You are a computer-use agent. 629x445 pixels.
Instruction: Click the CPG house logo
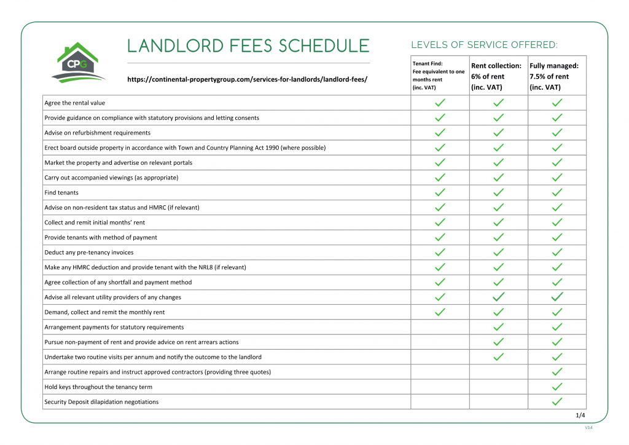(x=79, y=63)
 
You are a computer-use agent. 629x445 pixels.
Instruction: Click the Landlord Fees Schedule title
(x=248, y=46)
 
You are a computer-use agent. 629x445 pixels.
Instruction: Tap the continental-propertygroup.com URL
(x=247, y=80)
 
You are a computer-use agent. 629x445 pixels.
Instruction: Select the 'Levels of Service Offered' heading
(x=484, y=45)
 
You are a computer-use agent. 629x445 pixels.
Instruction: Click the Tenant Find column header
(x=439, y=76)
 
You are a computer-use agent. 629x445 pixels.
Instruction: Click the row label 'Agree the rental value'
(x=75, y=103)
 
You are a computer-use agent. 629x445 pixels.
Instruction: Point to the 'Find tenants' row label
(x=61, y=192)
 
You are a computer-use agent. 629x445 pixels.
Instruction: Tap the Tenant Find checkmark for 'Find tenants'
(x=440, y=192)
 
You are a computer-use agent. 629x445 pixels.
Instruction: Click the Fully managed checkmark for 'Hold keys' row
(x=557, y=387)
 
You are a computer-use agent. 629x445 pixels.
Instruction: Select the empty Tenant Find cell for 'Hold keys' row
(x=440, y=387)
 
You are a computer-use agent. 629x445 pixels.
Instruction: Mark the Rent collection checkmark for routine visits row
(x=499, y=357)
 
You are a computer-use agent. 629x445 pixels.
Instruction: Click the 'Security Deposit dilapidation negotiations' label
(x=101, y=402)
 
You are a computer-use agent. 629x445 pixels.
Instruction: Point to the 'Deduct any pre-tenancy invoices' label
(x=89, y=253)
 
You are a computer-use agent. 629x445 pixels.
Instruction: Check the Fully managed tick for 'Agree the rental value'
(x=557, y=103)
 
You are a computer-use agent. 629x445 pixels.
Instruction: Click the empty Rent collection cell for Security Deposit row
(x=499, y=402)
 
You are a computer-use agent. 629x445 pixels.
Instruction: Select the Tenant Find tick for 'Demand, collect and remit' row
(x=440, y=312)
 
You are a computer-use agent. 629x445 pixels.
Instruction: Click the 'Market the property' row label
(x=119, y=163)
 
